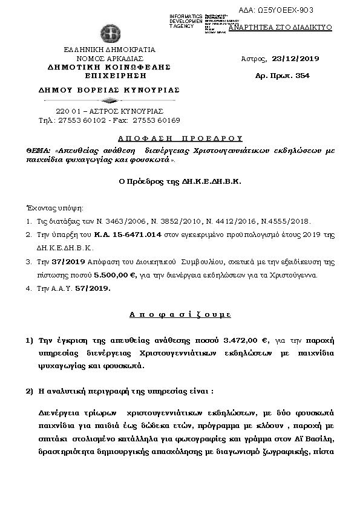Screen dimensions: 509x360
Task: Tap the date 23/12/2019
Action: pos(296,59)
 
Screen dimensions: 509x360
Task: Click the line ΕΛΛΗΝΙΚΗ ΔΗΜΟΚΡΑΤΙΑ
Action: pos(110,50)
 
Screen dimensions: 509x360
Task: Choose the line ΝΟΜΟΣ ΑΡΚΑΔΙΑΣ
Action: pos(110,58)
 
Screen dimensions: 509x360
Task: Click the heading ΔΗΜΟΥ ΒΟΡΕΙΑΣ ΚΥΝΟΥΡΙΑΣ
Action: pos(109,89)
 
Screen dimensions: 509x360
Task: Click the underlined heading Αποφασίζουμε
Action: pos(180,315)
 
